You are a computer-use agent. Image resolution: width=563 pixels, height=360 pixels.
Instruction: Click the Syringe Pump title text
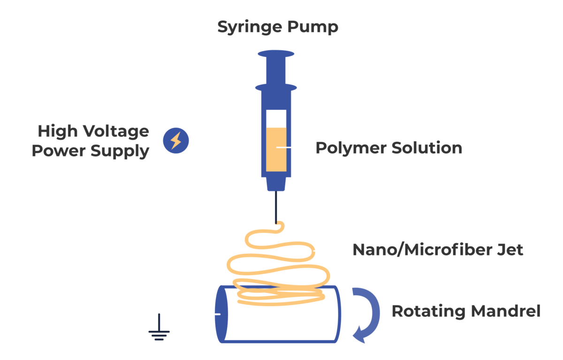(x=277, y=27)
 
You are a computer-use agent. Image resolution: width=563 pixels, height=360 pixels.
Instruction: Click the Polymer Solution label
(x=388, y=148)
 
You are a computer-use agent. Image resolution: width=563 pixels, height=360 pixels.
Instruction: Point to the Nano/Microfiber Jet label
(x=437, y=250)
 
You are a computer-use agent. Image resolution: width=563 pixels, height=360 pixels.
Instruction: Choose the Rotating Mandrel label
(x=466, y=311)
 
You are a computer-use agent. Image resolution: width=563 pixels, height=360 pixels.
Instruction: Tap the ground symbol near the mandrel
(x=159, y=334)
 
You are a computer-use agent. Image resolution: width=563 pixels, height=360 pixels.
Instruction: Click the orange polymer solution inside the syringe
(x=276, y=149)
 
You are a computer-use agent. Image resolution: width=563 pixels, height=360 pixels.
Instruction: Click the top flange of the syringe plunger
(x=276, y=54)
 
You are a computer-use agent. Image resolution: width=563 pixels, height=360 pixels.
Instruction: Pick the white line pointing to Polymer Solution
(x=293, y=147)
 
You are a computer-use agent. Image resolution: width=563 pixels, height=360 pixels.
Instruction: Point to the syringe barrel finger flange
(x=276, y=87)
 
